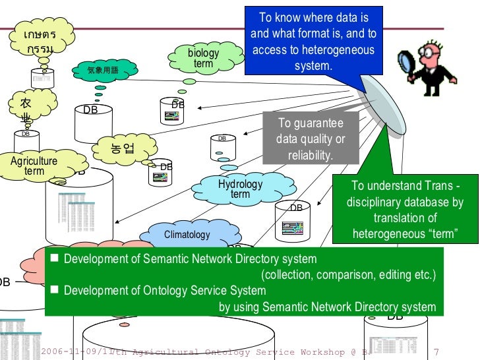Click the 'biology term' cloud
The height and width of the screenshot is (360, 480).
pos(204,58)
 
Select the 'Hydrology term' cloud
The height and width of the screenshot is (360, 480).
pos(240,189)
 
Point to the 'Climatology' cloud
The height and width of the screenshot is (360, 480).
pos(187,235)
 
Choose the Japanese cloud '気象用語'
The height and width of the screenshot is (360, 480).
pos(102,70)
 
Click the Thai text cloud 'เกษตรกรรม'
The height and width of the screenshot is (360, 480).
pos(41,42)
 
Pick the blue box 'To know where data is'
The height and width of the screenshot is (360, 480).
pos(313,42)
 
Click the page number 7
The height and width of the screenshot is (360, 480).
pos(437,351)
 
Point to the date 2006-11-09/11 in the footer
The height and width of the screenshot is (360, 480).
pos(76,352)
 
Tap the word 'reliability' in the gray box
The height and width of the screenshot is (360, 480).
pos(310,156)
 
